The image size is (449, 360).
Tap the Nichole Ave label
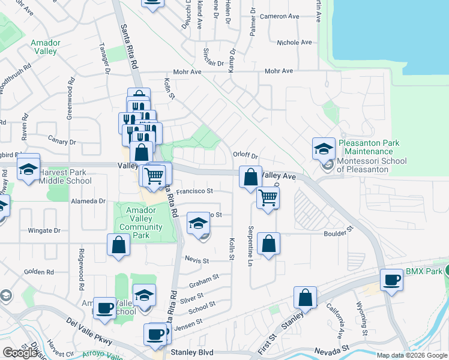tap(294, 43)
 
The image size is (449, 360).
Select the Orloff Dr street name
tap(245, 154)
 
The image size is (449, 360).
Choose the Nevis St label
tap(197, 261)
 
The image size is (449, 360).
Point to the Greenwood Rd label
tap(71, 96)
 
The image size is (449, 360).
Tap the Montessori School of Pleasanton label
tap(372, 165)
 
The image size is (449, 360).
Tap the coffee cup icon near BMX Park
tap(392, 279)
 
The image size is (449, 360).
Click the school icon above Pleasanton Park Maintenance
tap(324, 148)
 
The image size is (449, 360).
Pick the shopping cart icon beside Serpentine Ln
tap(268, 197)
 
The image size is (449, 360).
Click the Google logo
tap(20, 352)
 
